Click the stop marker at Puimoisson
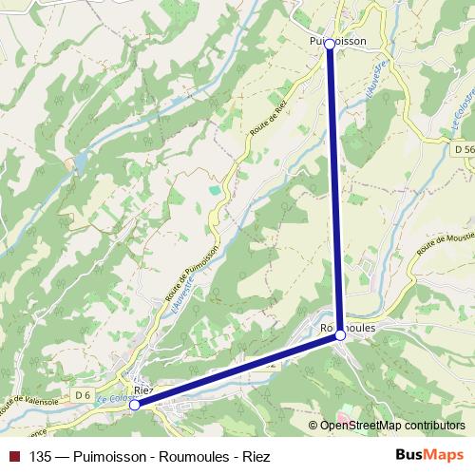[x=330, y=44]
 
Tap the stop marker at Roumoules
[x=340, y=335]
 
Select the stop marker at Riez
[x=135, y=405]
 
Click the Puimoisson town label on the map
[x=339, y=42]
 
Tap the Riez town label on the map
[x=143, y=390]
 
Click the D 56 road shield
[x=463, y=150]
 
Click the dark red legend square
[x=13, y=456]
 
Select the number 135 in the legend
[x=40, y=456]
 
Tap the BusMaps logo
[x=430, y=455]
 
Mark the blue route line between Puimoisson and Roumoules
[x=334, y=190]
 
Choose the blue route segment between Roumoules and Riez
[x=237, y=370]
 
